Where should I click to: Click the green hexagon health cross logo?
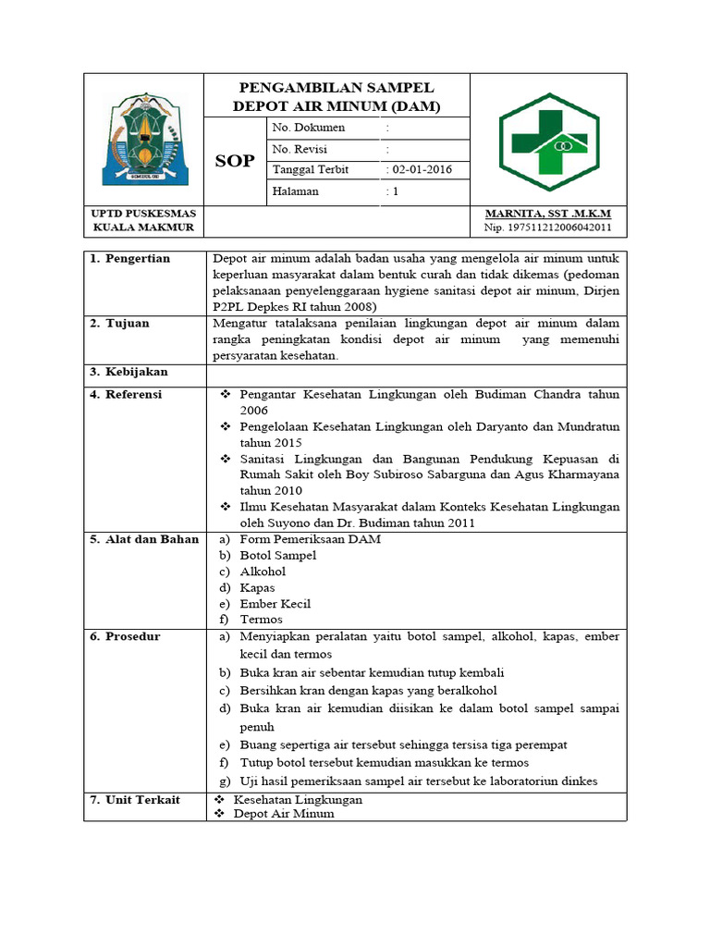click(x=548, y=141)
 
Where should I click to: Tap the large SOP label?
click(x=235, y=161)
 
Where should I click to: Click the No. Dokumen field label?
click(x=308, y=128)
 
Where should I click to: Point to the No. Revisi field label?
click(x=300, y=149)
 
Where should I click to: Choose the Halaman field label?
click(x=295, y=191)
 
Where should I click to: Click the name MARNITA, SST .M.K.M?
click(x=547, y=214)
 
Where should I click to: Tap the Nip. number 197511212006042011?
click(x=547, y=228)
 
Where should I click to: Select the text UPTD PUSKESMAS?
click(x=143, y=214)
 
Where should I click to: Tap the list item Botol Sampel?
click(x=277, y=555)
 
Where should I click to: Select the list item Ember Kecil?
click(x=275, y=604)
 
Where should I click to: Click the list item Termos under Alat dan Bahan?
click(x=261, y=620)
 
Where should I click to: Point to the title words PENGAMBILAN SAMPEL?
click(x=337, y=88)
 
